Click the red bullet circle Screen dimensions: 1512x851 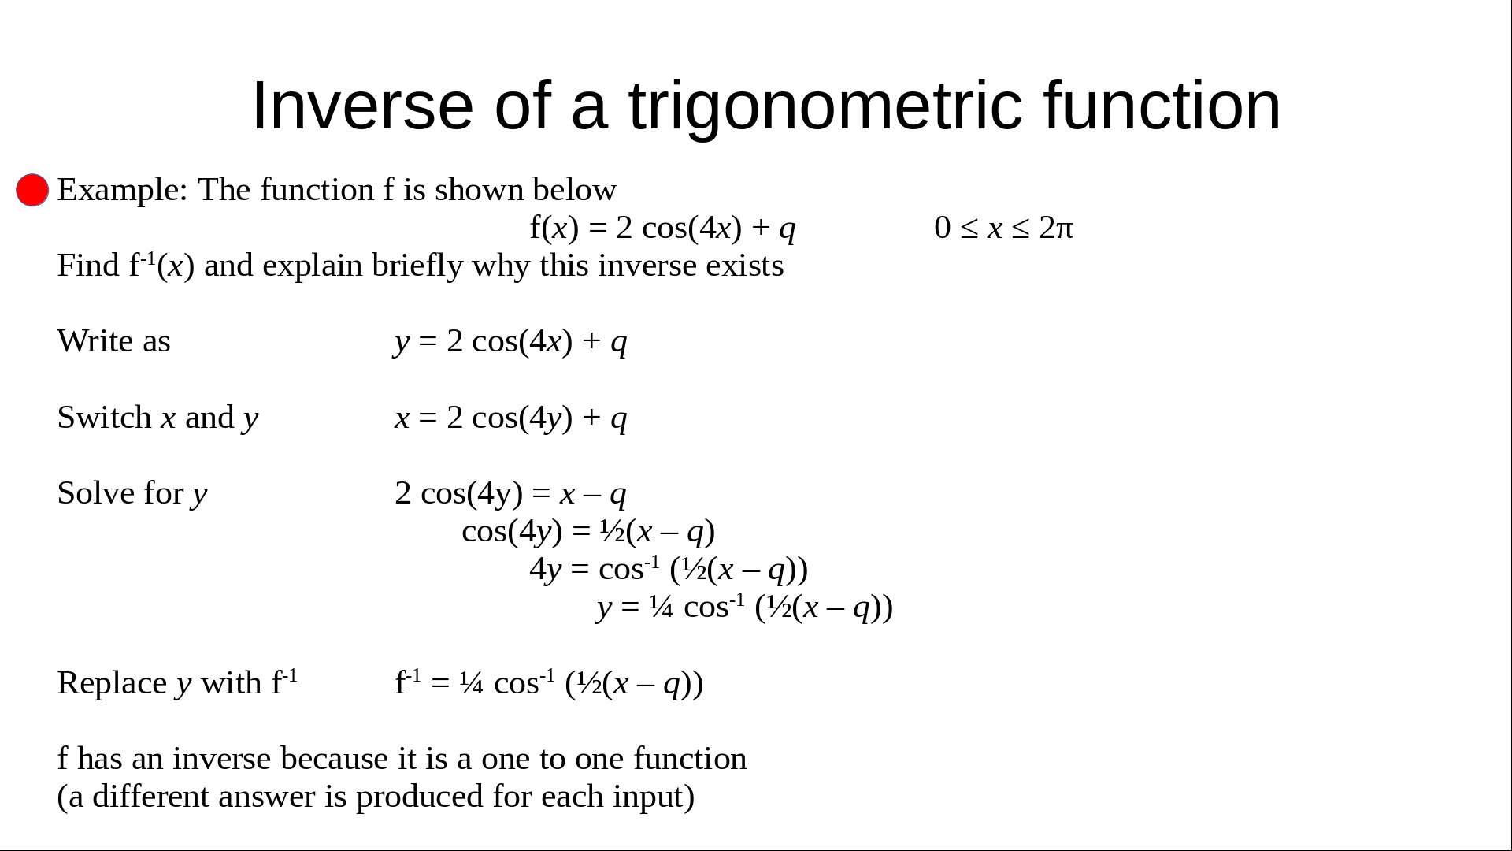(x=32, y=190)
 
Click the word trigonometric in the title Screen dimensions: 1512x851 (x=825, y=107)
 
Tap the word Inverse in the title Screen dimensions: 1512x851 (x=361, y=106)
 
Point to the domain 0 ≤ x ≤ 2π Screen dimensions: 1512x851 (x=1003, y=228)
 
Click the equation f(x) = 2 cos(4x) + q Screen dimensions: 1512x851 (x=662, y=228)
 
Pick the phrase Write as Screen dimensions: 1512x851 (x=113, y=341)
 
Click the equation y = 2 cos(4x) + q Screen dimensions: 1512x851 (x=510, y=341)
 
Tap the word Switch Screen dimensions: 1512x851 (x=104, y=417)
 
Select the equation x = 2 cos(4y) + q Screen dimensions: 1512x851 (x=510, y=417)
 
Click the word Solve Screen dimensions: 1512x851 (x=96, y=493)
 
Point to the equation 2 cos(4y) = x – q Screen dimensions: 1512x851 (x=510, y=493)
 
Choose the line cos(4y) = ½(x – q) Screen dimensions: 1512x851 (x=588, y=531)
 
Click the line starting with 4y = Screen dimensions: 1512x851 (x=669, y=568)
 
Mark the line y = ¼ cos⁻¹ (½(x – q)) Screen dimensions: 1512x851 (x=745, y=607)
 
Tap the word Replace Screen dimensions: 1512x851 (x=112, y=683)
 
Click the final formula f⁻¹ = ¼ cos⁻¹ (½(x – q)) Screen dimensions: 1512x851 (x=549, y=682)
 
